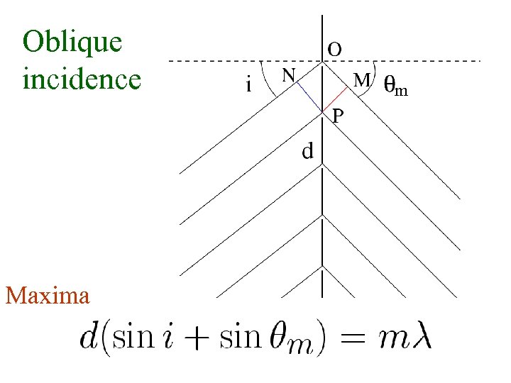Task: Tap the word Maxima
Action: click(48, 294)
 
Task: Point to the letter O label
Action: click(335, 49)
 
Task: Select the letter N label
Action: click(288, 74)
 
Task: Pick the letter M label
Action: click(362, 80)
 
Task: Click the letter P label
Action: click(339, 114)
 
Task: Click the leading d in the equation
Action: click(91, 335)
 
